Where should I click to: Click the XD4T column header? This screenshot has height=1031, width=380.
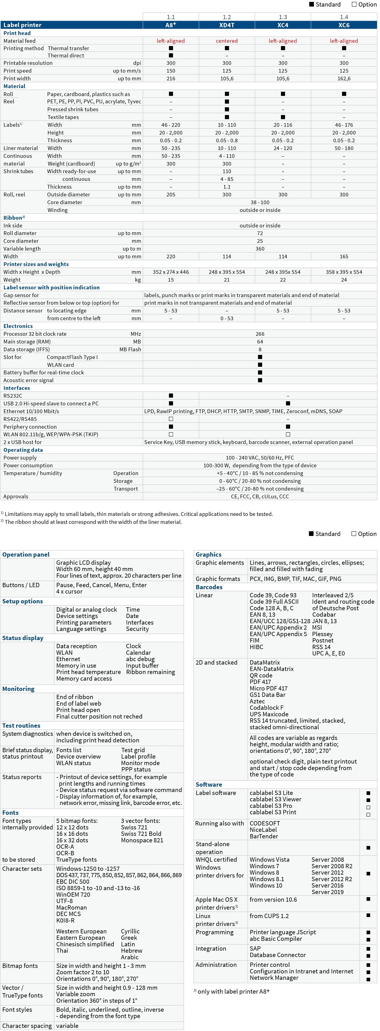227,25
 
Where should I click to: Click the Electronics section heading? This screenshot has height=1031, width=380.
18,326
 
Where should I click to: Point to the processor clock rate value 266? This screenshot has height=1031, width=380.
260,334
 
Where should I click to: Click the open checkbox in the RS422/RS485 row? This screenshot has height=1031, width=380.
171,419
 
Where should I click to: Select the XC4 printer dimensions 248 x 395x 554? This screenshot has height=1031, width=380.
283,272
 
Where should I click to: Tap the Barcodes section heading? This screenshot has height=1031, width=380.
209,587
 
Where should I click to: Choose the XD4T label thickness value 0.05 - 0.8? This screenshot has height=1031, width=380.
227,141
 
